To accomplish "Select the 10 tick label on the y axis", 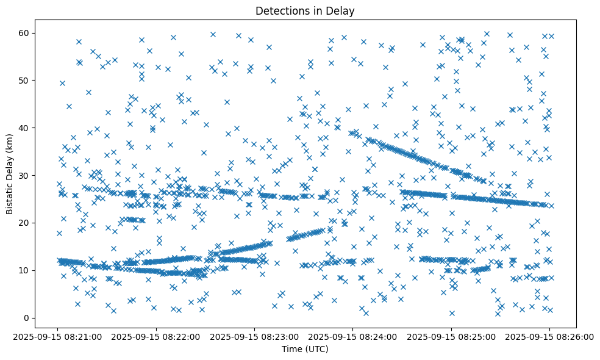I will pos(25,270).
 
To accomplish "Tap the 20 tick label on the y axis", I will pos(25,223).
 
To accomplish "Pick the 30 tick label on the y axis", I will pos(25,175).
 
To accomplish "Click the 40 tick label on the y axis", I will pos(25,128).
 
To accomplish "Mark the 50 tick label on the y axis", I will pos(25,80).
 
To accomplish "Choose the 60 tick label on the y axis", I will pos(25,32).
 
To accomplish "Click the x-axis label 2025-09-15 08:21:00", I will pos(58,336).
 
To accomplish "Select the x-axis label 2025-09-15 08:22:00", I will pos(156,336).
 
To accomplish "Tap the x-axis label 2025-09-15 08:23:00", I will pos(254,336).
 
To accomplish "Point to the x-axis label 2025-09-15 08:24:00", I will pos(353,336).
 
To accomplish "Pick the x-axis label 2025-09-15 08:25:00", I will pos(451,336).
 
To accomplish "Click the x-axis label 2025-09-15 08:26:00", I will pos(549,336).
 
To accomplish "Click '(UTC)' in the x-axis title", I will pos(316,349).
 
